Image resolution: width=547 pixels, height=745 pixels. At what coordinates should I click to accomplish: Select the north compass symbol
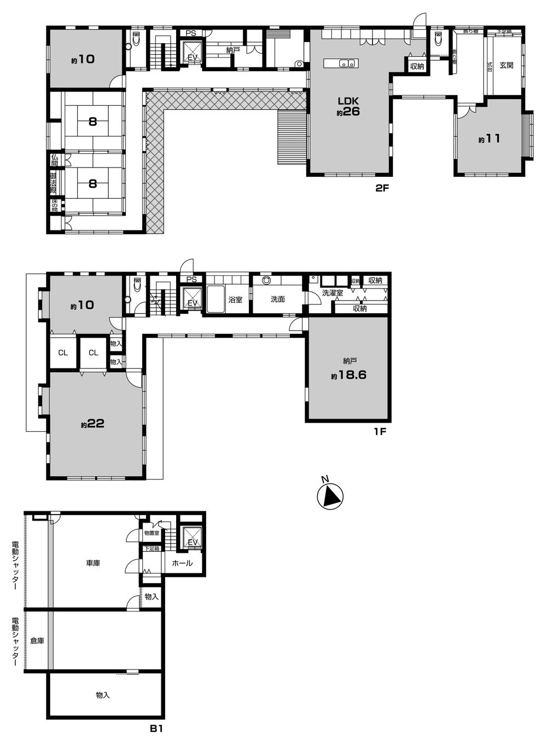pyautogui.click(x=330, y=495)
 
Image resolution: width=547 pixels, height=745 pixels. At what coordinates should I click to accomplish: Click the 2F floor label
pyautogui.click(x=381, y=189)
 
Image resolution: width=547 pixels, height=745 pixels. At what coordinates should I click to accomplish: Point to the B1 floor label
pyautogui.click(x=156, y=729)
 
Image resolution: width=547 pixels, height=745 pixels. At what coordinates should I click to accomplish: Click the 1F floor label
pyautogui.click(x=380, y=431)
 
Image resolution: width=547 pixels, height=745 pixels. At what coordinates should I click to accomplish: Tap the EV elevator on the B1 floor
pyautogui.click(x=192, y=539)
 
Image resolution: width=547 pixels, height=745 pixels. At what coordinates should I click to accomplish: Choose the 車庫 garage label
pyautogui.click(x=92, y=563)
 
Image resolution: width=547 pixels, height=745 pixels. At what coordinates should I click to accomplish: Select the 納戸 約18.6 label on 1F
pyautogui.click(x=348, y=369)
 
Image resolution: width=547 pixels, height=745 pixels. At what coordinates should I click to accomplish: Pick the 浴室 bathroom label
pyautogui.click(x=235, y=300)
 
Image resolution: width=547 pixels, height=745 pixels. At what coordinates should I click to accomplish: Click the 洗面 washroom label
pyautogui.click(x=277, y=299)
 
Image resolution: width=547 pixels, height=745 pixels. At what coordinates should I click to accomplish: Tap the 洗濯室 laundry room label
pyautogui.click(x=332, y=293)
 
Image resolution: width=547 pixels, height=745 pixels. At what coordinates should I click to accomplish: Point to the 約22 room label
pyautogui.click(x=92, y=424)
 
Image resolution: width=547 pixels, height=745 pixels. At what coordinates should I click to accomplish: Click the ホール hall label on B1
pyautogui.click(x=182, y=563)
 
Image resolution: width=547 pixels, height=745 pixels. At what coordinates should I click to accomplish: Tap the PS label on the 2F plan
pyautogui.click(x=190, y=33)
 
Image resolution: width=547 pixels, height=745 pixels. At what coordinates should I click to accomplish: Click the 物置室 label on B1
pyautogui.click(x=152, y=533)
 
